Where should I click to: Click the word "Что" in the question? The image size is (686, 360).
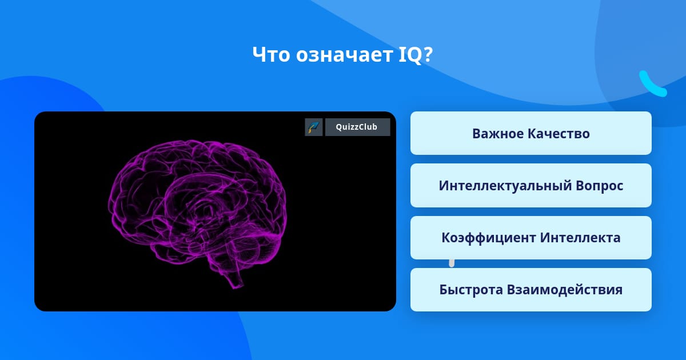pyautogui.click(x=271, y=55)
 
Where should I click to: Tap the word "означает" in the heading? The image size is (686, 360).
pyautogui.click(x=344, y=55)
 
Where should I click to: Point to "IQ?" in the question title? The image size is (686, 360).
pyautogui.click(x=416, y=55)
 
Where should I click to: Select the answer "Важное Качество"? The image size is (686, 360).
pyautogui.click(x=531, y=133)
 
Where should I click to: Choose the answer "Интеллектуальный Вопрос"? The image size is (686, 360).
pyautogui.click(x=531, y=186)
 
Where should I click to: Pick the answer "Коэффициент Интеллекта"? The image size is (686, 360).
pyautogui.click(x=531, y=238)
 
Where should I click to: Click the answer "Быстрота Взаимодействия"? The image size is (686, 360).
pyautogui.click(x=531, y=290)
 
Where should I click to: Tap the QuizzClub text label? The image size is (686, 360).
pyautogui.click(x=357, y=127)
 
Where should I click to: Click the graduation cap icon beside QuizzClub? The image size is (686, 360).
pyautogui.click(x=314, y=127)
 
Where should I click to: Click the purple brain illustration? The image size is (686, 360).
pyautogui.click(x=198, y=211)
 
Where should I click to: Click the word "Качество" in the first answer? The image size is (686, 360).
pyautogui.click(x=559, y=134)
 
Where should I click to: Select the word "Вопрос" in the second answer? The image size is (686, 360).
pyautogui.click(x=599, y=186)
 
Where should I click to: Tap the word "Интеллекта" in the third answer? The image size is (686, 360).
pyautogui.click(x=580, y=238)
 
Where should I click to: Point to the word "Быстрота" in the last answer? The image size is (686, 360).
pyautogui.click(x=471, y=290)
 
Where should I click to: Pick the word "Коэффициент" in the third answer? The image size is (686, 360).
pyautogui.click(x=489, y=238)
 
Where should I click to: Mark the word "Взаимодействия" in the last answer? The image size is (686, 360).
pyautogui.click(x=565, y=290)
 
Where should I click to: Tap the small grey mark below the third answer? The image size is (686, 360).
pyautogui.click(x=452, y=263)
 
